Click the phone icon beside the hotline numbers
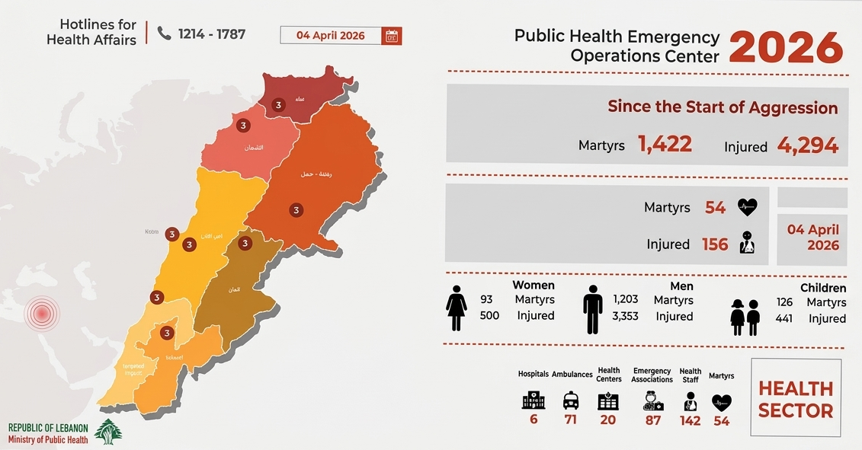pos(164,33)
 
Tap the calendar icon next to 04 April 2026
pos(392,36)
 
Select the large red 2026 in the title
pos(787,48)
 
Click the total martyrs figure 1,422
pos(665,144)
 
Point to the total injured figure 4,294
pos(807,145)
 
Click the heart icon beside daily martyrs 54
pos(747,207)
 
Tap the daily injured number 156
pos(715,244)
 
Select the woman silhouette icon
pos(456,308)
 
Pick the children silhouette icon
pos(745,317)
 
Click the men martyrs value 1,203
pos(625,299)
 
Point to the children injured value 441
pos(783,318)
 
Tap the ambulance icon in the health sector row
pos(571,401)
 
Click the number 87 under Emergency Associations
pos(653,420)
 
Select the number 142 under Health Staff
pos(690,420)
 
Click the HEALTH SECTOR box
pos(796,399)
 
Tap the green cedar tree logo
pos(107,432)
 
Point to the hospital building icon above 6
pos(534,401)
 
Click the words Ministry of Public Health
pos(48,439)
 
